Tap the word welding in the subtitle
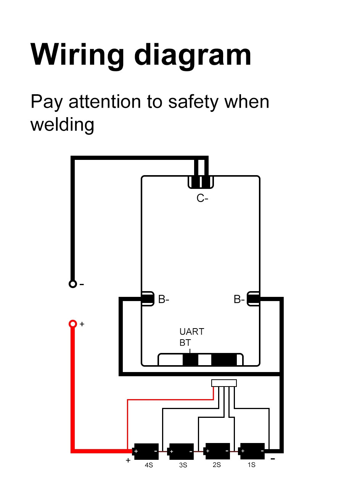pyautogui.click(x=62, y=125)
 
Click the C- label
pyautogui.click(x=202, y=198)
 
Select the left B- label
pyautogui.click(x=164, y=300)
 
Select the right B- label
pyautogui.click(x=239, y=300)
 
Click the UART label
pyautogui.click(x=191, y=332)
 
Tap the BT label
pyautogui.click(x=185, y=343)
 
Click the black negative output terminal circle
pyautogui.click(x=72, y=284)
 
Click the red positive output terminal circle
pyautogui.click(x=72, y=324)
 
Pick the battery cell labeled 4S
pyautogui.click(x=146, y=451)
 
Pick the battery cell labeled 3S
pyautogui.click(x=181, y=451)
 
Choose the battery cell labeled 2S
pyautogui.click(x=217, y=451)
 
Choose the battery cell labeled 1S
pyautogui.click(x=252, y=451)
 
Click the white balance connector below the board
pyautogui.click(x=224, y=383)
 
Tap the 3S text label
pyautogui.click(x=183, y=465)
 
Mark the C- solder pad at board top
pyautogui.click(x=201, y=182)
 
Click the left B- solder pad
pyautogui.click(x=148, y=299)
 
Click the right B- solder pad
pyautogui.click(x=254, y=299)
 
